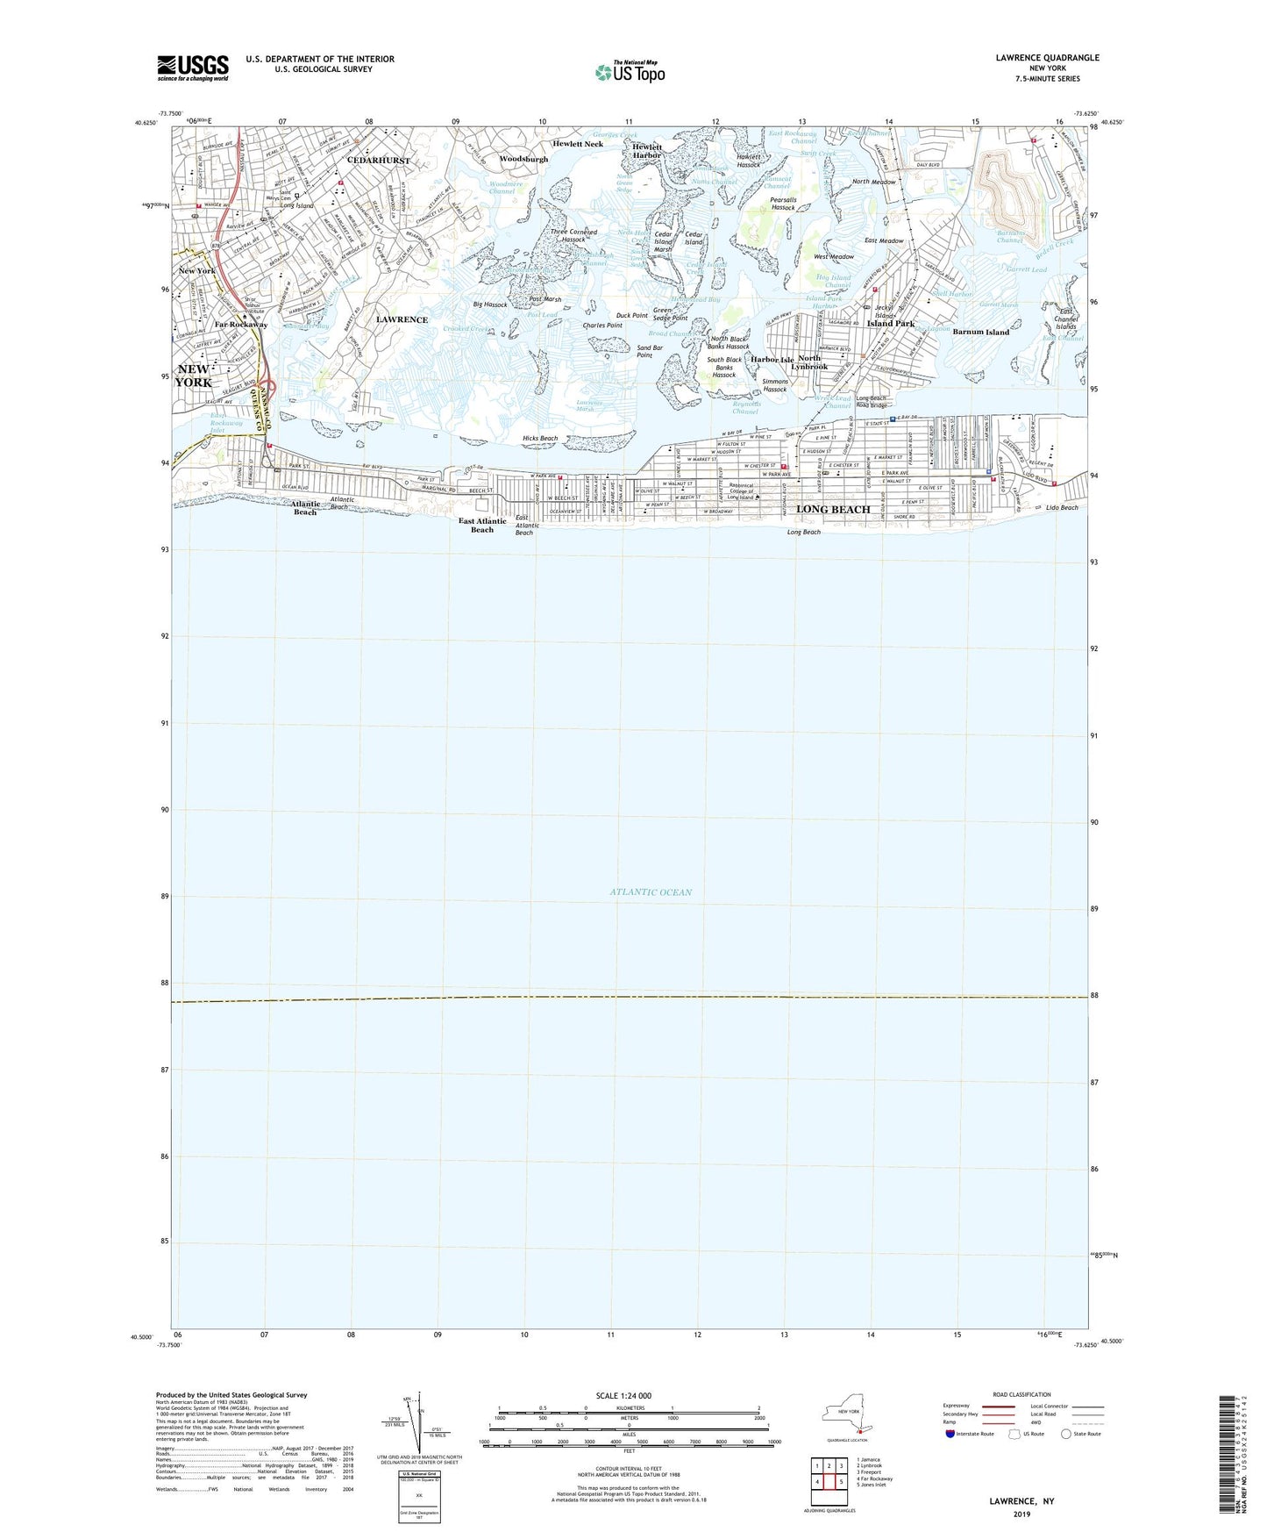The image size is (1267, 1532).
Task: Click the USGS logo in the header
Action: coord(193,67)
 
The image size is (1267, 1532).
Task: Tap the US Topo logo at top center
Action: coord(629,72)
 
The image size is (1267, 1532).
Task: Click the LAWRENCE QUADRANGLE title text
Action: coord(1047,58)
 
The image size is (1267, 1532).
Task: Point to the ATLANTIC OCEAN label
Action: coord(651,892)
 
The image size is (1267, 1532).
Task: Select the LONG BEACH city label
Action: coord(833,509)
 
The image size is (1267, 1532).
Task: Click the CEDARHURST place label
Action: coord(378,161)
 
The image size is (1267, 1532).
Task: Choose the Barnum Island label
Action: coord(980,333)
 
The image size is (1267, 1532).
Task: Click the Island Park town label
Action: coord(891,323)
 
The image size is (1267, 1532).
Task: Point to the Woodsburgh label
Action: coord(523,159)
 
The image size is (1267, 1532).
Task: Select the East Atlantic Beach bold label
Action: coord(482,525)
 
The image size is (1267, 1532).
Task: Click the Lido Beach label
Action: coord(1062,508)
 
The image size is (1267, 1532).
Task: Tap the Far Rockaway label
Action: coord(241,325)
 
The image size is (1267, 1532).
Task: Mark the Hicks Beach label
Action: coord(540,438)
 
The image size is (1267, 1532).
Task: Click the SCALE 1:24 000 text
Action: coord(630,1395)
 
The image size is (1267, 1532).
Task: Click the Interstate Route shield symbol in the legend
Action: coord(952,1435)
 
